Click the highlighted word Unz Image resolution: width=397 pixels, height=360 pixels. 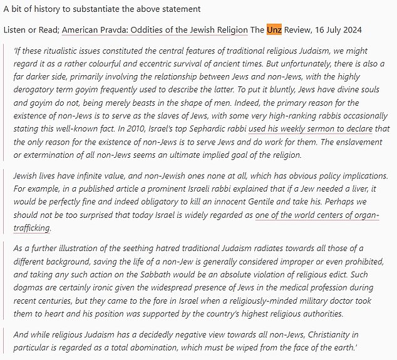click(x=274, y=31)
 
